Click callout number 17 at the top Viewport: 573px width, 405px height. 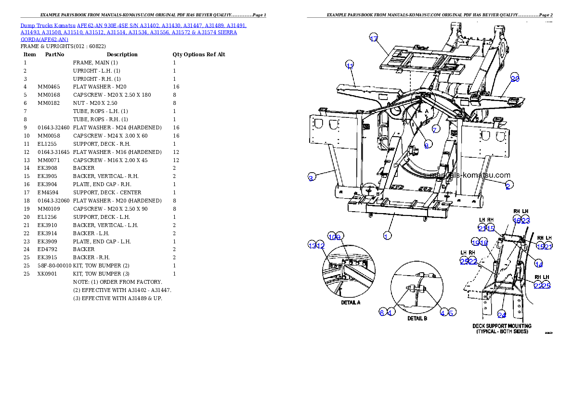point(374,39)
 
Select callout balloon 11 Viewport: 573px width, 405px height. point(350,66)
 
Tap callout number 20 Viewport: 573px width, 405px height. point(515,79)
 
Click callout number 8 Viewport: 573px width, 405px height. point(427,145)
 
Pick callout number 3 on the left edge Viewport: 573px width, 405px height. point(312,177)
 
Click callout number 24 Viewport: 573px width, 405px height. point(501,315)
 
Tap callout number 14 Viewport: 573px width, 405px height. point(539,264)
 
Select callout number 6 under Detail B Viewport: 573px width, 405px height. point(382,313)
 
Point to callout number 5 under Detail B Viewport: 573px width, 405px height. point(451,313)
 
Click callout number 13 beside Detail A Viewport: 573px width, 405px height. point(312,245)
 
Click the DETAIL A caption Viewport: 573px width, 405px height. point(351,303)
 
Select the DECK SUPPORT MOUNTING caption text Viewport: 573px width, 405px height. point(502,326)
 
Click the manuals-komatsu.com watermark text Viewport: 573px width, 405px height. point(472,176)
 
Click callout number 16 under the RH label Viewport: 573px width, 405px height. point(517,220)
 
